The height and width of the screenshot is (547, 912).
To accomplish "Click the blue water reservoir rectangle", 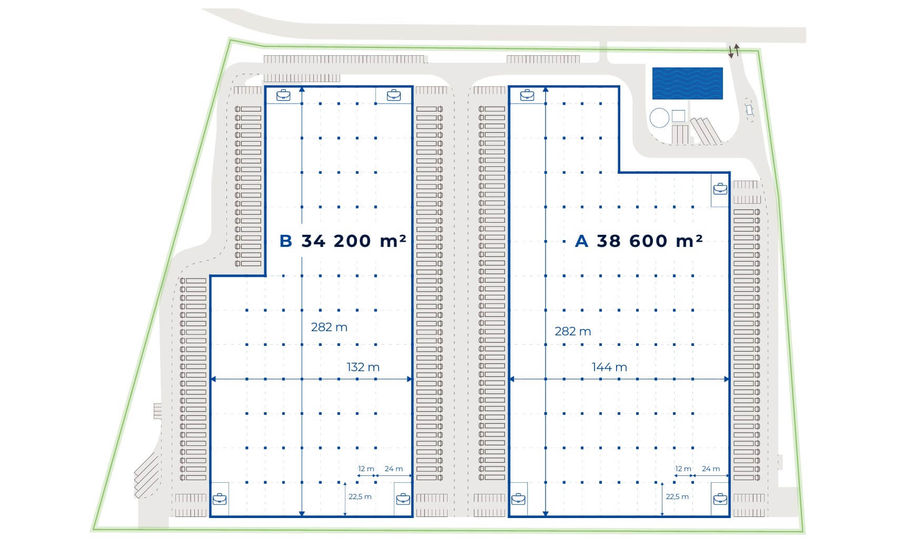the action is pyautogui.click(x=687, y=83).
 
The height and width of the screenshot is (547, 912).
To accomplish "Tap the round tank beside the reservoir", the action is pyautogui.click(x=659, y=117).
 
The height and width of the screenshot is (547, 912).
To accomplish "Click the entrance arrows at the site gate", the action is pyautogui.click(x=733, y=51).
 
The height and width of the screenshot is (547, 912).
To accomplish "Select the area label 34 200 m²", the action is pyautogui.click(x=353, y=241).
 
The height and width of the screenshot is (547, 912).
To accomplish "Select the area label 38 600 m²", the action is pyautogui.click(x=650, y=241).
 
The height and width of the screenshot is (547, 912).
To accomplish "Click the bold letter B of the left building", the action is pyautogui.click(x=285, y=241).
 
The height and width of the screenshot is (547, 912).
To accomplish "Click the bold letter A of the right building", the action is pyautogui.click(x=581, y=241).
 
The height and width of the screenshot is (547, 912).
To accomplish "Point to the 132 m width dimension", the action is pyautogui.click(x=363, y=367).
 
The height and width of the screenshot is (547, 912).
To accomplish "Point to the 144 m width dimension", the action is pyautogui.click(x=609, y=367).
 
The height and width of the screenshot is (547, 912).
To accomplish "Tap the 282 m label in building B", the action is pyautogui.click(x=329, y=327).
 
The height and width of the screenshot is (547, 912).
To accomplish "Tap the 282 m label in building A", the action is pyautogui.click(x=573, y=331).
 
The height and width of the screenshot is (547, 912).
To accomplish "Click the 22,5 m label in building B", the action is pyautogui.click(x=360, y=496).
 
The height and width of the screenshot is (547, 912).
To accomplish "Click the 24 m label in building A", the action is pyautogui.click(x=711, y=469).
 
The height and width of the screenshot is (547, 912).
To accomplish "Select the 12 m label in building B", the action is pyautogui.click(x=366, y=469).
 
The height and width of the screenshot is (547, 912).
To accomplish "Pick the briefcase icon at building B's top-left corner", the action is pyautogui.click(x=283, y=95).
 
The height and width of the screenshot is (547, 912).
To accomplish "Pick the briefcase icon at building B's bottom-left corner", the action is pyautogui.click(x=220, y=498).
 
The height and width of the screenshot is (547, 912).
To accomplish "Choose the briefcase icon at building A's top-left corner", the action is pyautogui.click(x=527, y=95).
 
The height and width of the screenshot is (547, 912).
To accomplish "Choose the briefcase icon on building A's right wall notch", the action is pyautogui.click(x=720, y=188).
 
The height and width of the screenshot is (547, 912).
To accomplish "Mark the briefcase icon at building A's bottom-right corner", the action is pyautogui.click(x=720, y=498).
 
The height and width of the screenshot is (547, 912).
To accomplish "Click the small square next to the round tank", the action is pyautogui.click(x=679, y=115).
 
